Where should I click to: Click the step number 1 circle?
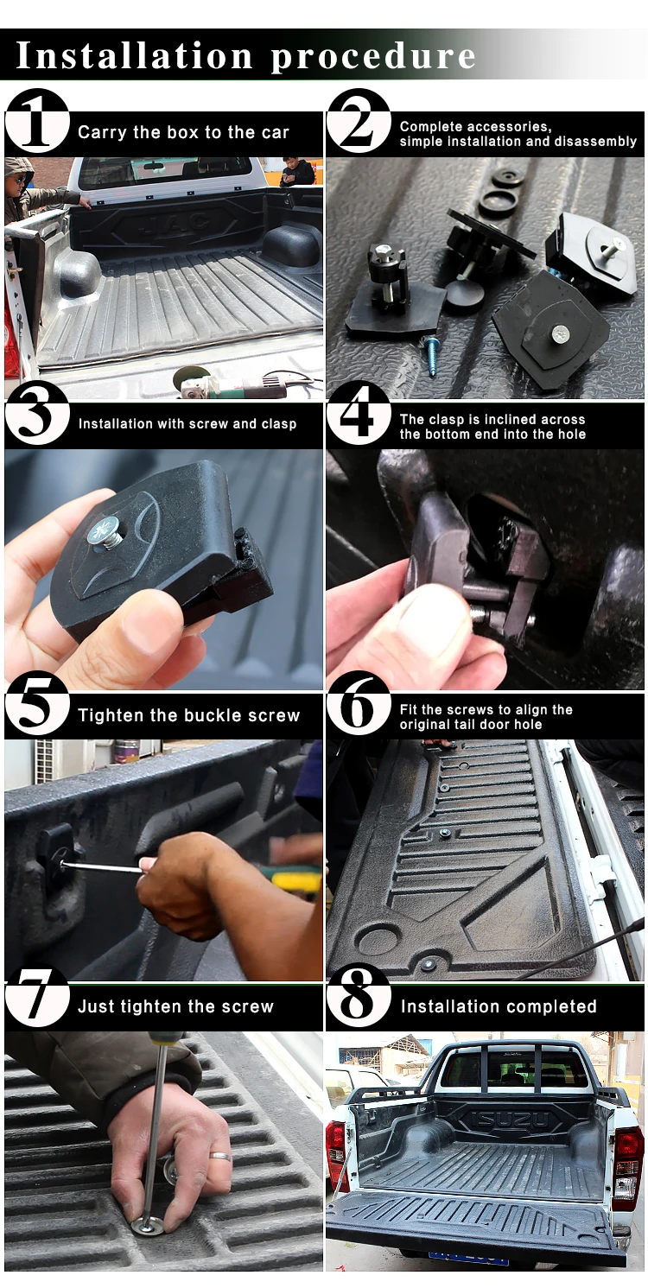37,121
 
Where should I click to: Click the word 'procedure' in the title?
373,56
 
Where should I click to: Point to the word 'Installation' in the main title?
135,55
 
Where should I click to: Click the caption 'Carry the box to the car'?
183,132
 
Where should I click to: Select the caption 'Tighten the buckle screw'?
189,715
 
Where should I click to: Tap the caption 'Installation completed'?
499,1006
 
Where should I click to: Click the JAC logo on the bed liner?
173,226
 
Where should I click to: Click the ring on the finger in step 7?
220,1156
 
